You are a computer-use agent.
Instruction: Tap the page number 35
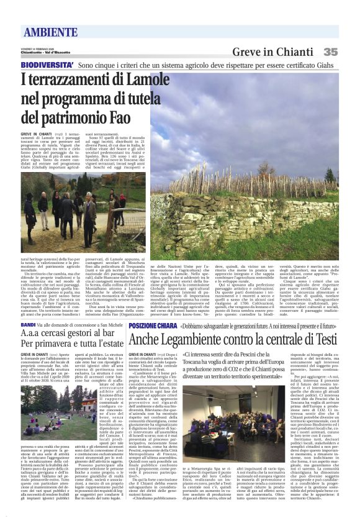point(330,52)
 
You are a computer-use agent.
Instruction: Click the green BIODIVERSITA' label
point(47,65)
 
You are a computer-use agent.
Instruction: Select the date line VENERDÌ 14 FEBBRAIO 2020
point(39,48)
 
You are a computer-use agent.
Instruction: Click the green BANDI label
point(29,324)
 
